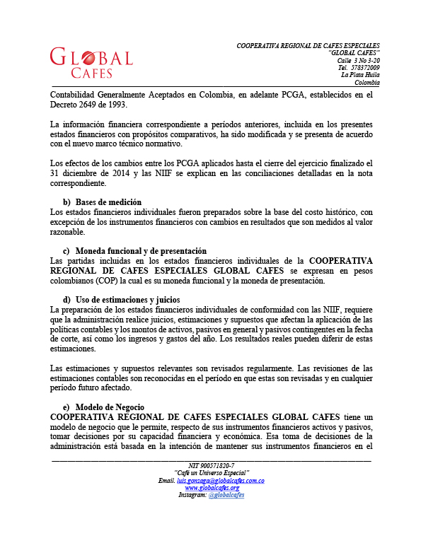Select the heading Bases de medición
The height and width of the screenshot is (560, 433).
pos(108,202)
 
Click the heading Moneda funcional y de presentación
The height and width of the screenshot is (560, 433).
pos(141,251)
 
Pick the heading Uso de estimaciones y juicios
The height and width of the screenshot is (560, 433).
pos(132,300)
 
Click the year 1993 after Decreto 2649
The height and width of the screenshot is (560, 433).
pos(115,105)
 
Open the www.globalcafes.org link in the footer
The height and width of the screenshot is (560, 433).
pos(212,488)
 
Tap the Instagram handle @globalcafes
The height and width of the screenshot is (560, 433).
pos(226,495)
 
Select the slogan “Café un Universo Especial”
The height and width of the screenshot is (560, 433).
pos(212,473)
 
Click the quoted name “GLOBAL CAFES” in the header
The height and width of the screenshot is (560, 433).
pos(354,53)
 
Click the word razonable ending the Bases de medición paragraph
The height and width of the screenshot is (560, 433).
pos(67,232)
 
